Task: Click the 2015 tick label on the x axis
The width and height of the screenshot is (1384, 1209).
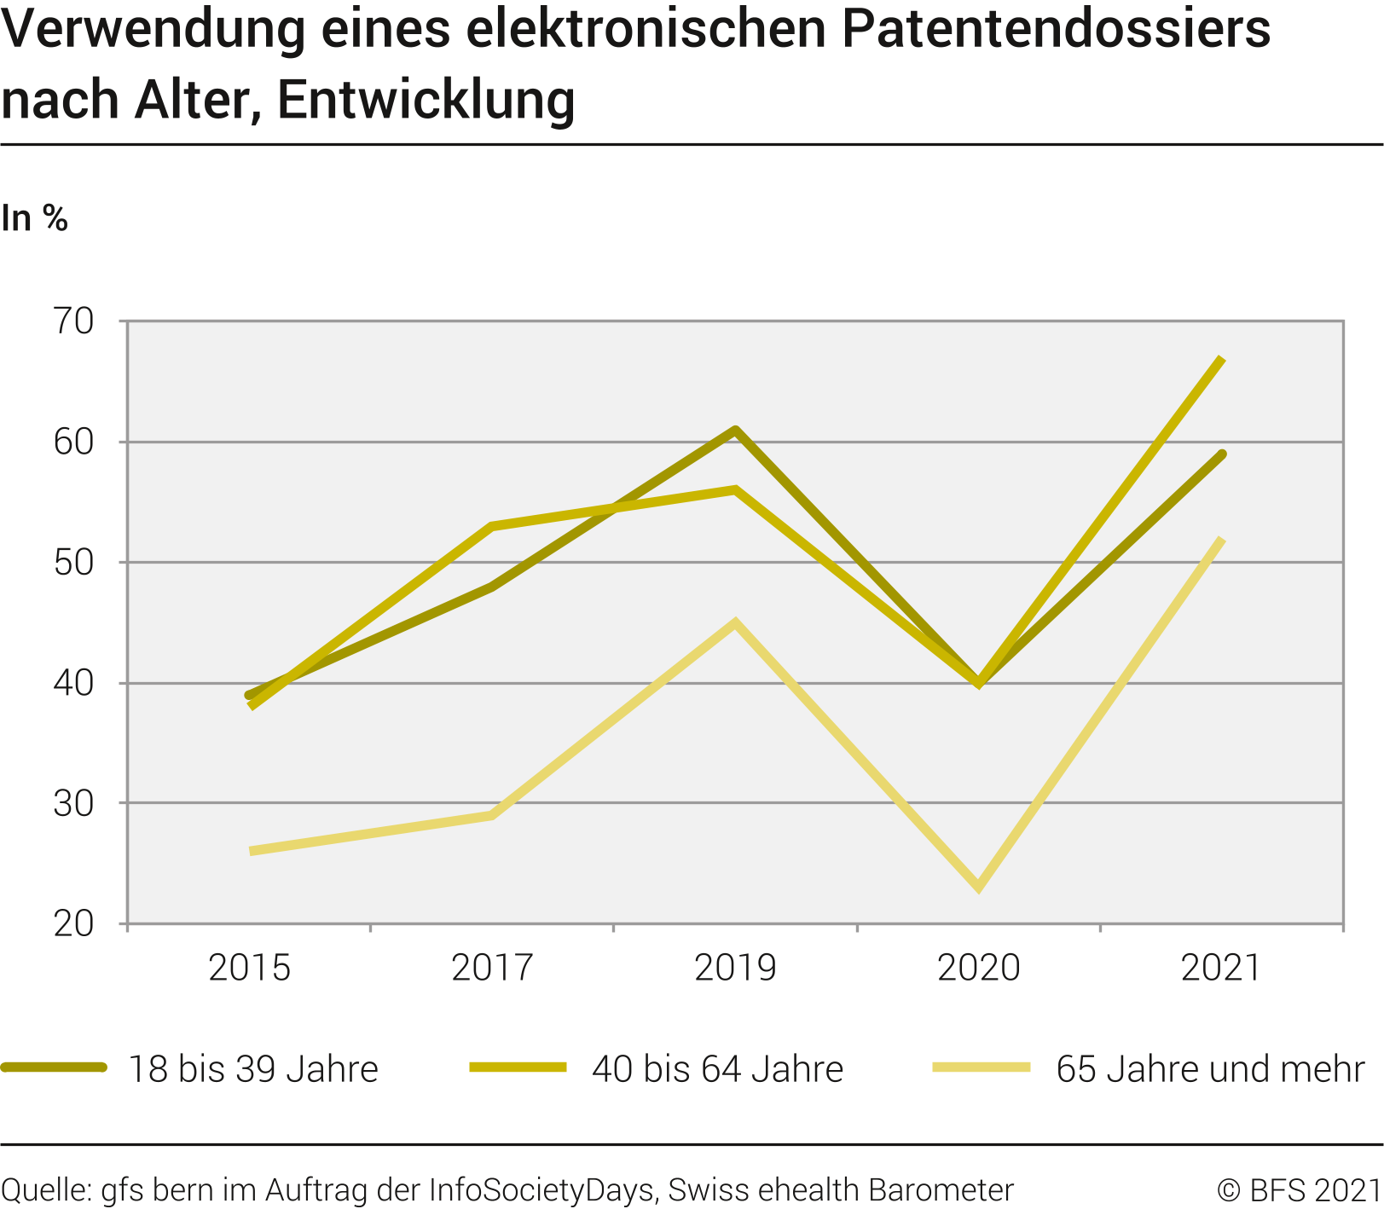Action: [249, 968]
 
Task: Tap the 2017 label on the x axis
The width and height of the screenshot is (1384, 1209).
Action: [492, 968]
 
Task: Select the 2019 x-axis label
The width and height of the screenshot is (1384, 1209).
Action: [735, 968]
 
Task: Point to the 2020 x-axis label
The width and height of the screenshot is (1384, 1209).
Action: [978, 968]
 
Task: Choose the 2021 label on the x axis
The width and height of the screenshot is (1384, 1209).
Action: [1220, 968]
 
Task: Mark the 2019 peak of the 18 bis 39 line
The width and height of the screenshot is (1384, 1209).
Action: [735, 431]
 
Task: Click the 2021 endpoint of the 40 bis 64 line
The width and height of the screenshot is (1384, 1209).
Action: [1221, 360]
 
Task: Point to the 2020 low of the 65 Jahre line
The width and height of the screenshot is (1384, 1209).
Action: [978, 887]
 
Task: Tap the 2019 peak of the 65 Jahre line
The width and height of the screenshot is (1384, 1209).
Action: [735, 623]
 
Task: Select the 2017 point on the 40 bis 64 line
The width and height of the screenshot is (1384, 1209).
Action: [492, 526]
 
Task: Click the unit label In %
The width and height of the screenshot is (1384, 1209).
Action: [34, 219]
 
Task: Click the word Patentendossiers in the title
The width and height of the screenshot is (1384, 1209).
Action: [1056, 29]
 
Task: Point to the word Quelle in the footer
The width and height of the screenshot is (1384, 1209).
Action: [46, 1190]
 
